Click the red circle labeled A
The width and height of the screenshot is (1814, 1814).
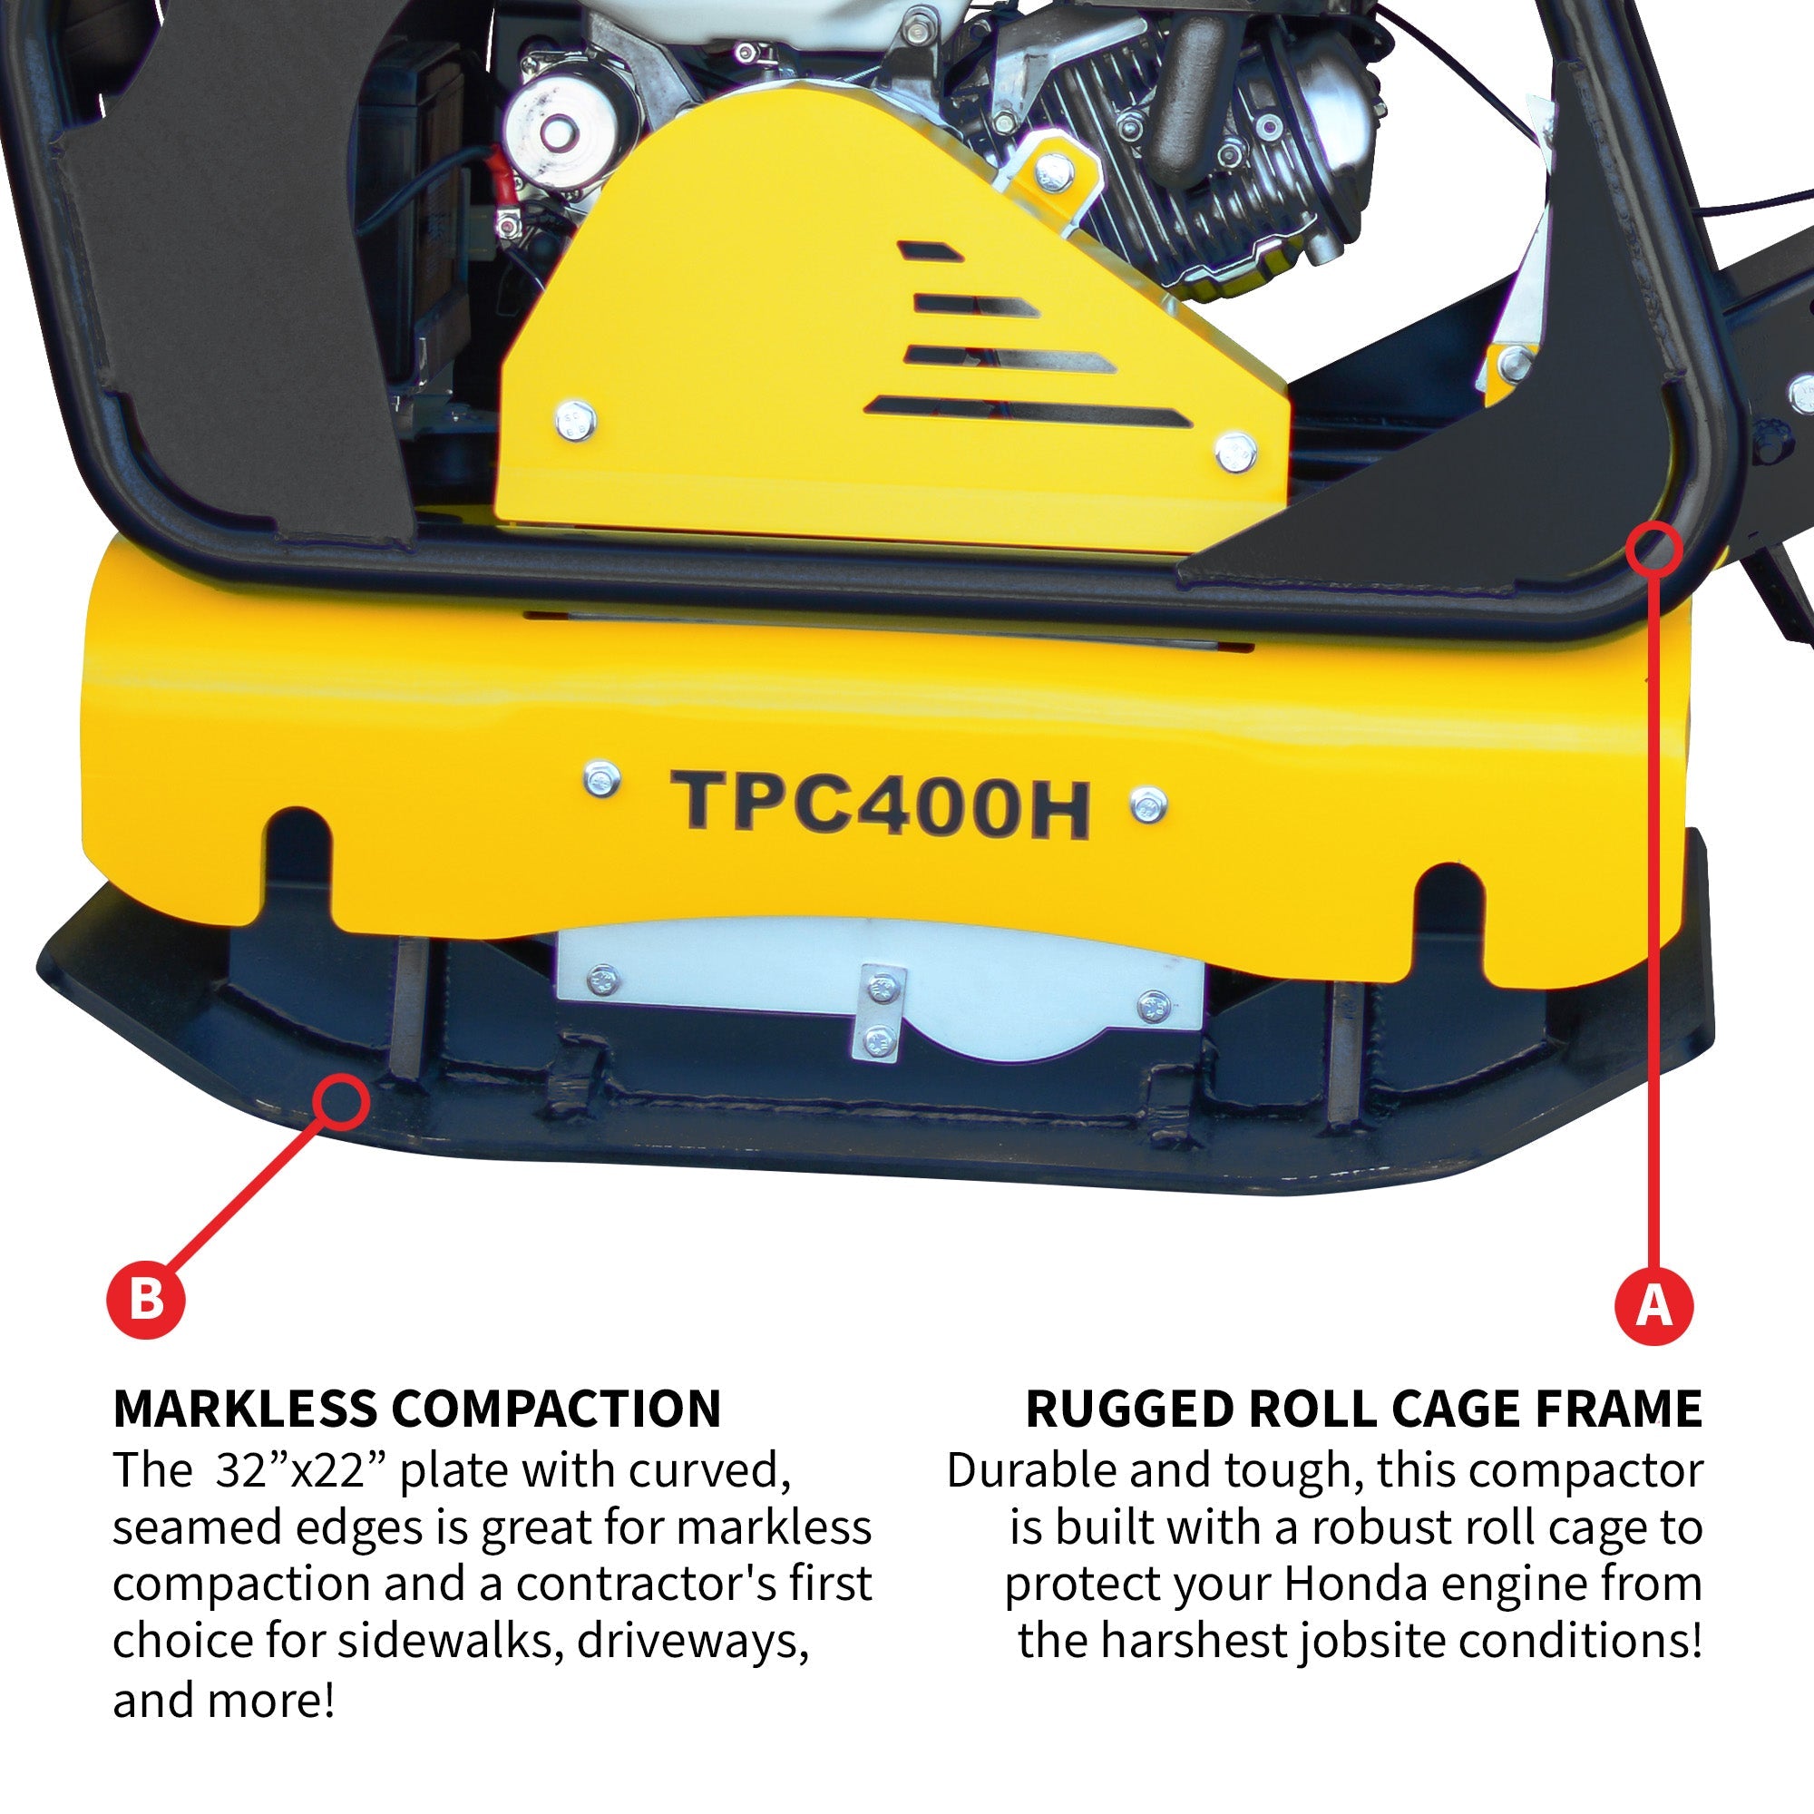1653,1305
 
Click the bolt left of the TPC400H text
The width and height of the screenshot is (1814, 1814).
601,779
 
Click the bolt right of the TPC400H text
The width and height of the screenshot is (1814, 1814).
1148,805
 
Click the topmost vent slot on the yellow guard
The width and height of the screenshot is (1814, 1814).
929,251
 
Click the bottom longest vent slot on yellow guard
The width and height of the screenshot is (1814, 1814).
1029,410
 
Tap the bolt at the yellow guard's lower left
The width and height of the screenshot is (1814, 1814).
575,419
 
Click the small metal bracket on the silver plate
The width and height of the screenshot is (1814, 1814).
880,1013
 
